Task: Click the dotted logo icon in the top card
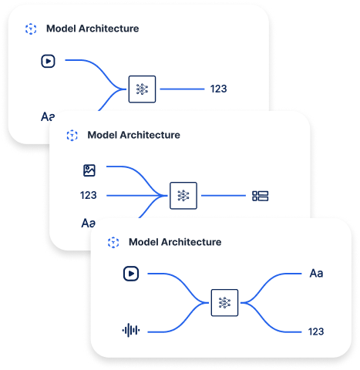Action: [x=31, y=29]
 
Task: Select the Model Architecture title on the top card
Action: [x=93, y=29]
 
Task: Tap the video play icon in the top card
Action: [x=48, y=60]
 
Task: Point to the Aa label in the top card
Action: [x=48, y=117]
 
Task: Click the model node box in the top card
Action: [x=142, y=89]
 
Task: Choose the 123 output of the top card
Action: [x=218, y=89]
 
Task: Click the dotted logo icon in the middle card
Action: [x=72, y=135]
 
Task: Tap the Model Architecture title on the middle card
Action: [x=133, y=135]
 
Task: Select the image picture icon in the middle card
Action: [x=89, y=170]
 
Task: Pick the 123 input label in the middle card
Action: [x=89, y=196]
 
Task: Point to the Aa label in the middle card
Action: [x=89, y=223]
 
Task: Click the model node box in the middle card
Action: [x=183, y=196]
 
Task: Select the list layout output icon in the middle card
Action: [x=260, y=196]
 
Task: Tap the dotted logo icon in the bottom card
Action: [x=113, y=242]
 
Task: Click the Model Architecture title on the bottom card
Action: [x=174, y=242]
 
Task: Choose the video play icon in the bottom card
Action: [x=130, y=273]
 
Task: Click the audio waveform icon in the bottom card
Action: [x=131, y=331]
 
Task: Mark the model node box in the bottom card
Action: [x=224, y=302]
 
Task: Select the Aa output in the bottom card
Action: [x=316, y=273]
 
